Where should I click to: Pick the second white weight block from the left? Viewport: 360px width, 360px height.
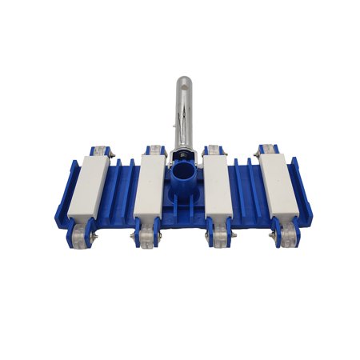point(148,186)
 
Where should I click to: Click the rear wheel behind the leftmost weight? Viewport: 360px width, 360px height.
point(99,151)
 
